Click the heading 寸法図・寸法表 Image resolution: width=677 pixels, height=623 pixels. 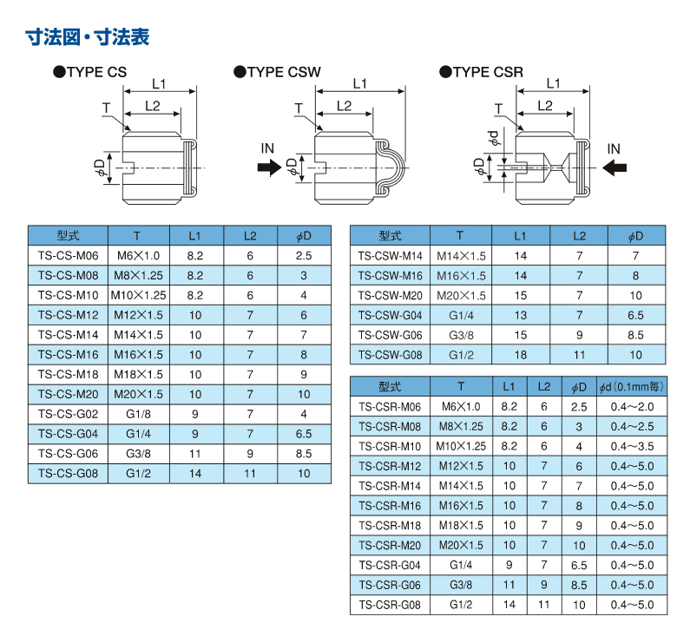click(88, 36)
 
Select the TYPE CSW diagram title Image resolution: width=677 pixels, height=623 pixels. click(278, 72)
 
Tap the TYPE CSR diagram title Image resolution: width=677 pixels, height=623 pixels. click(482, 72)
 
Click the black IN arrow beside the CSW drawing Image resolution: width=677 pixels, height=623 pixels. click(269, 167)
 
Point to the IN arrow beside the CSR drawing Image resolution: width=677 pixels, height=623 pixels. click(615, 167)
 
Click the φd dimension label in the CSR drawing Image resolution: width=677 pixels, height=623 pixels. click(493, 138)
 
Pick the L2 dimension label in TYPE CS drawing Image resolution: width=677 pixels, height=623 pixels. click(153, 106)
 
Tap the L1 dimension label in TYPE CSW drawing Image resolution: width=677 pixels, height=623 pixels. click(359, 83)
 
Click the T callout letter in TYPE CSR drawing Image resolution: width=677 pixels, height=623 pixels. click(499, 108)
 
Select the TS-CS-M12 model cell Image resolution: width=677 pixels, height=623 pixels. click(69, 315)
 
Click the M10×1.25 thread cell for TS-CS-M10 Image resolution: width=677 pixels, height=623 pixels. click(139, 295)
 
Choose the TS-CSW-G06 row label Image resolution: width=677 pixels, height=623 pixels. click(390, 335)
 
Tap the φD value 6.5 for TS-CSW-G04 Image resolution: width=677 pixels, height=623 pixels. click(635, 315)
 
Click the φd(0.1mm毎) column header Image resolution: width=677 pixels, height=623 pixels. click(632, 386)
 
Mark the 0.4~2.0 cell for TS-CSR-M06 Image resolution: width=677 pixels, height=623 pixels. click(632, 407)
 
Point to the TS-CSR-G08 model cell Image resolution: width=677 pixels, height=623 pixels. click(390, 605)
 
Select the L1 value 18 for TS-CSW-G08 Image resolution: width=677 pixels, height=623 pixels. click(521, 355)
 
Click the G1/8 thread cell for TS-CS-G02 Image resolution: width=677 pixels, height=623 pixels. click(139, 414)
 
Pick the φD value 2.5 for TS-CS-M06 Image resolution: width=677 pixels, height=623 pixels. click(304, 256)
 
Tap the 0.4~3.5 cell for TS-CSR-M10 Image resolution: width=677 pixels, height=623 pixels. click(632, 446)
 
